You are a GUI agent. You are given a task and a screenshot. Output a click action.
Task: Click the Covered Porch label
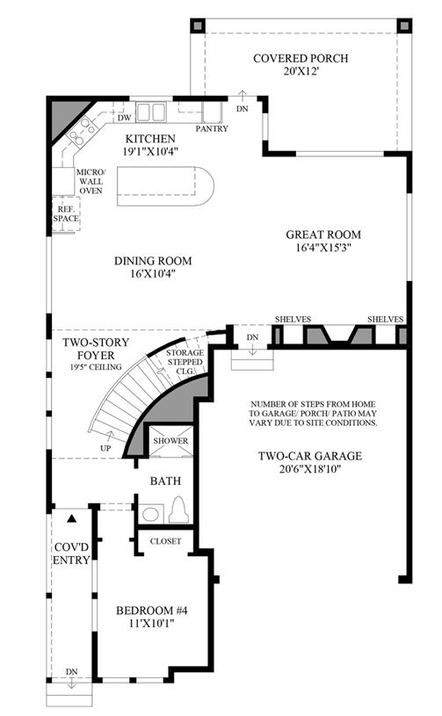301,59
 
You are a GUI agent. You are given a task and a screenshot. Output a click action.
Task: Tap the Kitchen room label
150,139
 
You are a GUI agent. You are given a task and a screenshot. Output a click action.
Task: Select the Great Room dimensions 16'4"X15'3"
323,248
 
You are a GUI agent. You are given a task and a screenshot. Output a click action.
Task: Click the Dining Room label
153,261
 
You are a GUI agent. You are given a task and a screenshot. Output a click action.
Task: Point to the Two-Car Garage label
310,456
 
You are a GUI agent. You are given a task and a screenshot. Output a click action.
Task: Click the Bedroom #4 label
152,611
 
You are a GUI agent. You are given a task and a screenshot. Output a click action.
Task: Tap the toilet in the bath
178,510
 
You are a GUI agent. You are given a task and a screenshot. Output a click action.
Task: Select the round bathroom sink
150,514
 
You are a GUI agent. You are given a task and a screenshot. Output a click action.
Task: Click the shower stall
170,441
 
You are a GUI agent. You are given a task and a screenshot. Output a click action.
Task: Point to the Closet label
166,541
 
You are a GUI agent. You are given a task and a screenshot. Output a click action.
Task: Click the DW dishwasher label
124,118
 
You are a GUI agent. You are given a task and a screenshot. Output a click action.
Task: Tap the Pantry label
212,129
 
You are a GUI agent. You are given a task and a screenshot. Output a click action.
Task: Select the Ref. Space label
66,214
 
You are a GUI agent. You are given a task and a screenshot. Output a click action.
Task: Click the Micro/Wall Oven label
91,181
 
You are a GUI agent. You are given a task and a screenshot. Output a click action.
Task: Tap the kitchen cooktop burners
81,131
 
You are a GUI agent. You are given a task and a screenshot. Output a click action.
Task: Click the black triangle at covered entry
71,518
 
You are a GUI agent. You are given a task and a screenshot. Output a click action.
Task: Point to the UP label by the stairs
105,448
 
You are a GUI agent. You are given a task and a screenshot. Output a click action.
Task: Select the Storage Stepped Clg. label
185,362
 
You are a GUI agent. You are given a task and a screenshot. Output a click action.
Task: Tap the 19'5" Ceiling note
97,366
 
